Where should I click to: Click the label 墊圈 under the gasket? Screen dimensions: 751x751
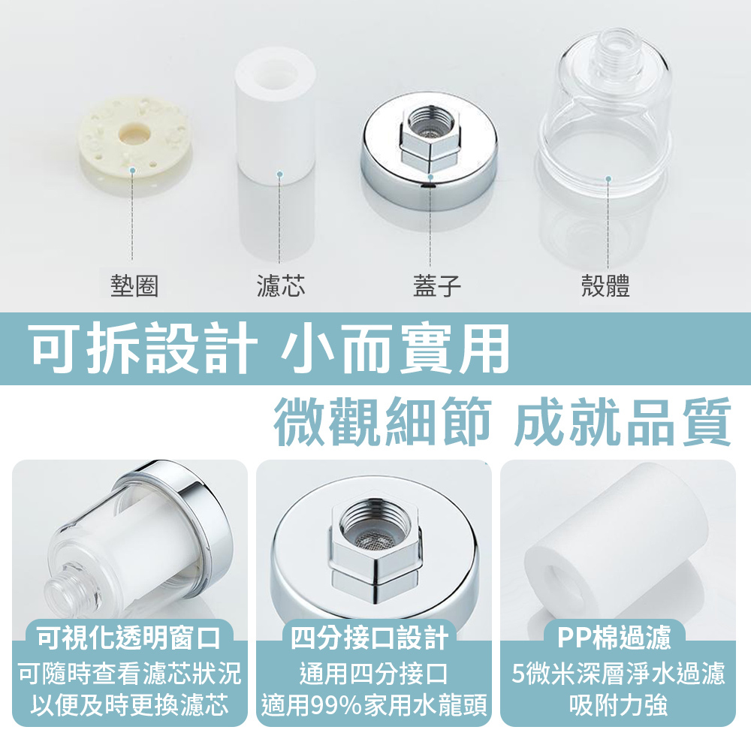(x=134, y=285)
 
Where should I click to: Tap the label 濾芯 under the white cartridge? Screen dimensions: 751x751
(x=281, y=285)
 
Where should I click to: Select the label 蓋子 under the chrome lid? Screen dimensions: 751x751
(x=437, y=285)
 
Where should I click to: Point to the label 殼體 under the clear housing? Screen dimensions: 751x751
(x=605, y=285)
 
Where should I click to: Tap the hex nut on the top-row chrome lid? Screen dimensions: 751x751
(x=429, y=139)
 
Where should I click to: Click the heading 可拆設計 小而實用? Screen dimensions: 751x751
(x=270, y=348)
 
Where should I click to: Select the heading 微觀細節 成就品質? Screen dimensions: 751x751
(x=502, y=421)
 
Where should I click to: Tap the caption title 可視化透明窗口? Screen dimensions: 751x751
(x=129, y=638)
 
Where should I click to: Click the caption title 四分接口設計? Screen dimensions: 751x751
(x=369, y=638)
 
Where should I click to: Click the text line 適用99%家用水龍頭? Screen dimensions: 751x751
(x=373, y=704)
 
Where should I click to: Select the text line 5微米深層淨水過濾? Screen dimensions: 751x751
(x=618, y=673)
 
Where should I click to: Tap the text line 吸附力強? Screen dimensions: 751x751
(x=618, y=704)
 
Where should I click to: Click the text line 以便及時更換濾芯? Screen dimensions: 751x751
(x=129, y=704)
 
